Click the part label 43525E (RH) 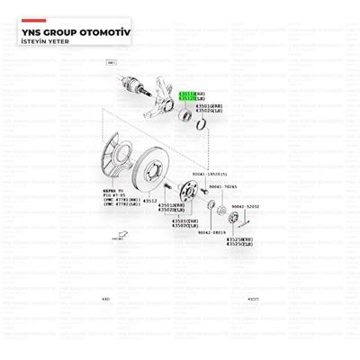pyautogui.click(x=240, y=238)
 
